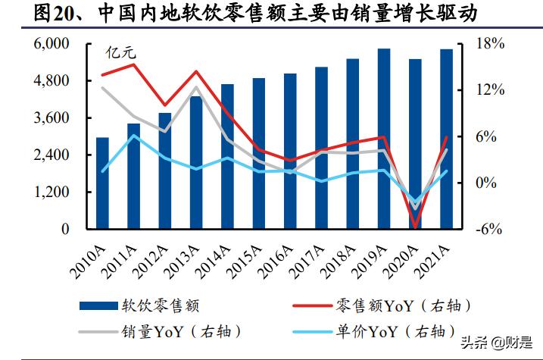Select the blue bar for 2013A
point(196,163)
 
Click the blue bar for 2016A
point(290,152)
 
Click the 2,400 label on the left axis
point(51,155)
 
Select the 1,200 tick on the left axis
point(51,192)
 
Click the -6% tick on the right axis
point(489,229)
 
